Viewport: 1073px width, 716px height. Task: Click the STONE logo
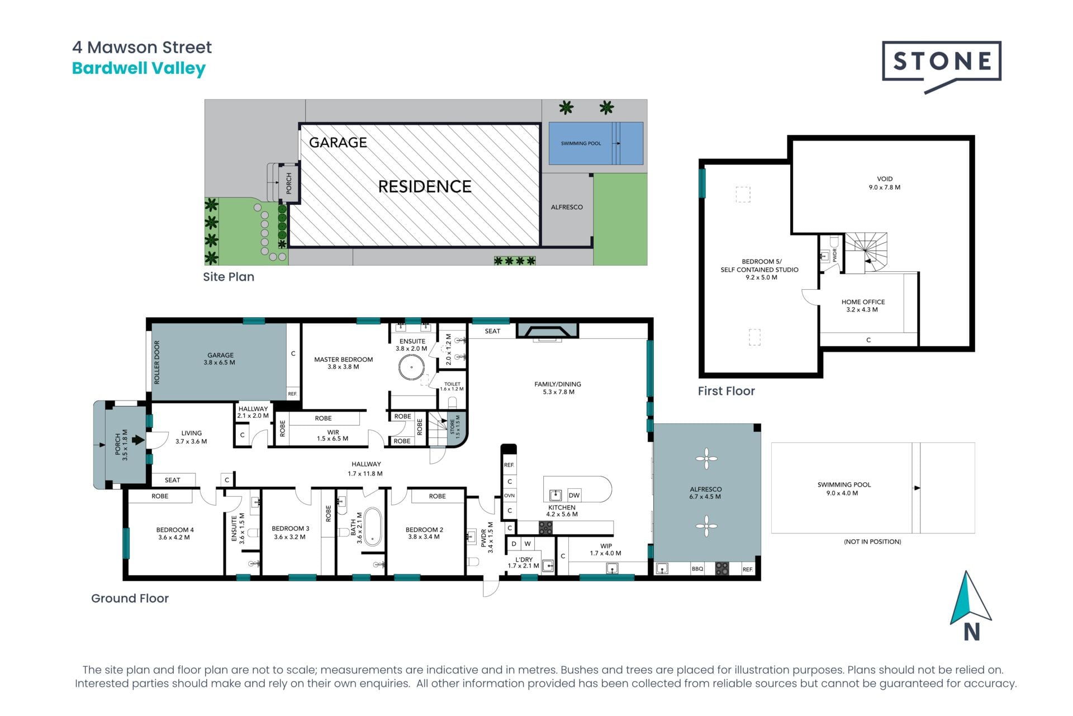click(x=942, y=66)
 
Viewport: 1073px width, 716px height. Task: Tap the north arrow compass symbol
click(x=971, y=605)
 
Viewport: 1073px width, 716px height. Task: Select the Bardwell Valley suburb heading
click(x=139, y=68)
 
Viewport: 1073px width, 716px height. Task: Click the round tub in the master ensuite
click(x=411, y=368)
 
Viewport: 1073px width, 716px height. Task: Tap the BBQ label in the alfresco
click(x=697, y=569)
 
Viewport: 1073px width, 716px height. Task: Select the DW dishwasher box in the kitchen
click(x=574, y=495)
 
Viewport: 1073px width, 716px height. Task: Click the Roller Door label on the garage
click(x=156, y=362)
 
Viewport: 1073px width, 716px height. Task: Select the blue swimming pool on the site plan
click(x=596, y=143)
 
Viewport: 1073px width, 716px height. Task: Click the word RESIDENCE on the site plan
click(x=425, y=186)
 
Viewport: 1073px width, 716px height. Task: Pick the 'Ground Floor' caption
click(x=130, y=599)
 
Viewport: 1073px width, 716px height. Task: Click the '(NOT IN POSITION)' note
click(x=872, y=541)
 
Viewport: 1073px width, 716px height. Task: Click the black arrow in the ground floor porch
click(x=138, y=440)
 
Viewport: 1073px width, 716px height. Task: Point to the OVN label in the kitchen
click(x=509, y=496)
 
